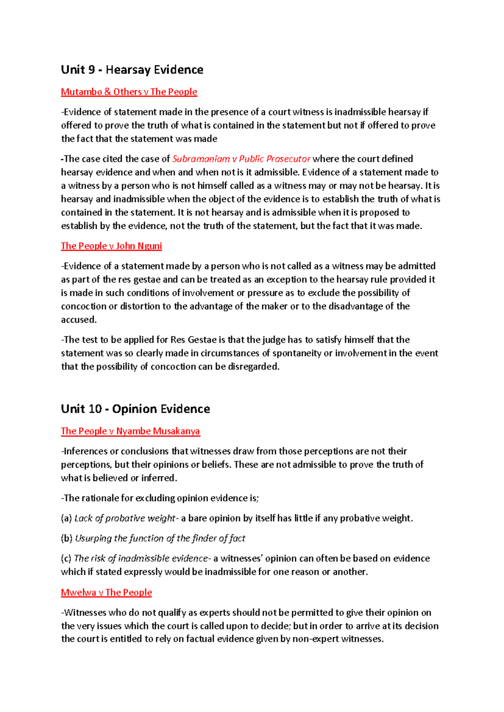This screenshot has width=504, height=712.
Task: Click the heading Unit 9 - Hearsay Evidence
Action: pos(132,70)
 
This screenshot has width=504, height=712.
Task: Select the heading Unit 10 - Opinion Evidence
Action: pos(135,409)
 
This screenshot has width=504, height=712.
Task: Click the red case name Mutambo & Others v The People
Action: pos(129,92)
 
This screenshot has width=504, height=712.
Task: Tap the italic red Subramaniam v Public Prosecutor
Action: pos(241,159)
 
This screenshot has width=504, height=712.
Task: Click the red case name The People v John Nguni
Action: pos(111,246)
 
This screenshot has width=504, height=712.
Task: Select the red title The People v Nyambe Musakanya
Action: pos(130,431)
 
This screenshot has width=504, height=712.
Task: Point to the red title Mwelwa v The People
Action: pos(106,592)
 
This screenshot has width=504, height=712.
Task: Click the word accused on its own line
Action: pos(78,320)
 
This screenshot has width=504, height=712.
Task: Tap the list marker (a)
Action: pos(66,518)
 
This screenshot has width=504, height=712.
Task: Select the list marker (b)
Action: pos(67,539)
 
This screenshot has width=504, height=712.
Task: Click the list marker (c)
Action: pos(66,559)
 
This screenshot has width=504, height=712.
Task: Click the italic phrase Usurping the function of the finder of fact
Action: pos(160,539)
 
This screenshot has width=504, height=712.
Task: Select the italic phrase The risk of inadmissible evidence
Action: pos(141,559)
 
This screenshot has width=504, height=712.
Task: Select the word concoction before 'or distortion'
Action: pos(83,306)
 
